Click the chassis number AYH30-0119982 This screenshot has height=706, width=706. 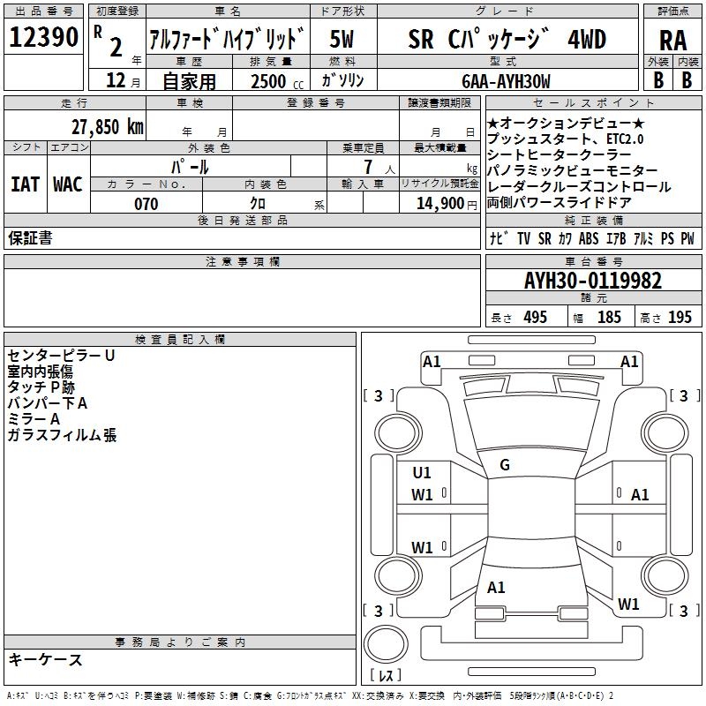[592, 282]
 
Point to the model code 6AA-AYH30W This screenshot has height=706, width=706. [506, 82]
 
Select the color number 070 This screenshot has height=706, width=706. [146, 204]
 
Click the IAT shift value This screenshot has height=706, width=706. [25, 184]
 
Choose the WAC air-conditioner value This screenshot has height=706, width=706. [68, 184]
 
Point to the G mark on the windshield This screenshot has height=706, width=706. [505, 465]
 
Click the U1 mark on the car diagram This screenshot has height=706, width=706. [422, 473]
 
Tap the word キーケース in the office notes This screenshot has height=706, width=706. [45, 660]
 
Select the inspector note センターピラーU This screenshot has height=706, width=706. [61, 356]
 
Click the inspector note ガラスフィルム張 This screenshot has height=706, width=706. [62, 435]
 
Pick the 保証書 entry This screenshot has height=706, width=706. [30, 238]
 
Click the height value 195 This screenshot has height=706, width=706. [680, 318]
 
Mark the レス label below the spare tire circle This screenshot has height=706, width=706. [385, 676]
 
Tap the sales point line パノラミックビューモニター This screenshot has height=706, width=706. [572, 170]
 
